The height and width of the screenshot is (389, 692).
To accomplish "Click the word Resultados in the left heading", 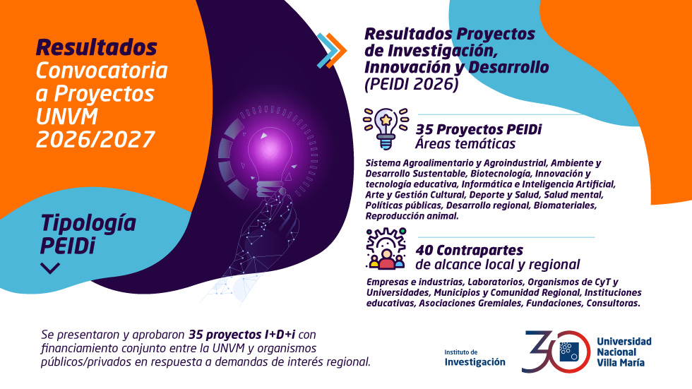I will click(96, 47).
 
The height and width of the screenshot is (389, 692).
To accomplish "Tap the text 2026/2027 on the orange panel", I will click(95, 138).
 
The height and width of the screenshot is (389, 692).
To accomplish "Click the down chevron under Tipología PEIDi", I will click(50, 268).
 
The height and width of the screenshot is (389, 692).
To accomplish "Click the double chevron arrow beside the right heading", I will click(331, 50).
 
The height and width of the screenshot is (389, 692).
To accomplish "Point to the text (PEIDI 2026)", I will click(411, 85).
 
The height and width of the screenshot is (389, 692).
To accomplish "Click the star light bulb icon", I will click(385, 128).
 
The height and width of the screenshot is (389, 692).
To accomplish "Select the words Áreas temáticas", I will click(465, 144).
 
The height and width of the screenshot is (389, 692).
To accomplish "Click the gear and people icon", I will click(386, 249).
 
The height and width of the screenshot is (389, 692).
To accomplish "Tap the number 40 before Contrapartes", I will click(424, 250).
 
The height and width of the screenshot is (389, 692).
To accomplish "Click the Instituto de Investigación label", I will click(475, 358).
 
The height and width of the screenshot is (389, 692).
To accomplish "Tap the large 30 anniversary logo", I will click(555, 351).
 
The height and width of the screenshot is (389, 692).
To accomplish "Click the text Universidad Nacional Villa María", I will click(624, 352).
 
